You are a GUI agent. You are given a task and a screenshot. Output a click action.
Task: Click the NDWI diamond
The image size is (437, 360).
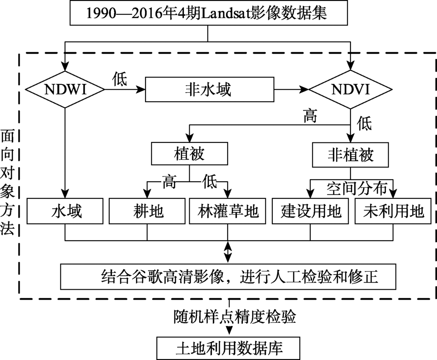(x=65, y=90)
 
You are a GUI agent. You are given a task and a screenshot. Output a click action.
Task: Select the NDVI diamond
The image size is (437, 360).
(x=350, y=90)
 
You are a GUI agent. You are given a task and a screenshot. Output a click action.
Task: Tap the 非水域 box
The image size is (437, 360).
(x=210, y=90)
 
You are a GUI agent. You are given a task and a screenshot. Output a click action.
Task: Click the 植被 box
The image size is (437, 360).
(x=190, y=153)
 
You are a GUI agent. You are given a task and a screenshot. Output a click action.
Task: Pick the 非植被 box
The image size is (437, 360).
(x=350, y=155)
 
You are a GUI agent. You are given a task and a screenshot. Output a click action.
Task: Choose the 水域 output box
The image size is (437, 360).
(x=65, y=211)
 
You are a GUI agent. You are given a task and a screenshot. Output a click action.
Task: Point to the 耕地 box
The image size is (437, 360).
(x=147, y=211)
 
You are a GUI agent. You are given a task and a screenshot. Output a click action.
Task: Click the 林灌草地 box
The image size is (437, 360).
(x=227, y=211)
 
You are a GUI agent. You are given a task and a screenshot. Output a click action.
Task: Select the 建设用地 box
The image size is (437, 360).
(x=310, y=211)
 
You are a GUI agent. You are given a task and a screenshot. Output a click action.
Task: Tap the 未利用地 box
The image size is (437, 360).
(x=393, y=211)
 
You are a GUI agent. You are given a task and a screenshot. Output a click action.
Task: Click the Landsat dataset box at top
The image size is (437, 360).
(x=208, y=13)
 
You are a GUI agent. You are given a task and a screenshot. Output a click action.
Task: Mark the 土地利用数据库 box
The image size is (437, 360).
(x=228, y=348)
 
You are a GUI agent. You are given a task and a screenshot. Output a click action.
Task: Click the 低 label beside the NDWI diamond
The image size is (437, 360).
(x=120, y=79)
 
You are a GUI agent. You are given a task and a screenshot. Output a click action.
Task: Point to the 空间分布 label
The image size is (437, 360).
(x=357, y=189)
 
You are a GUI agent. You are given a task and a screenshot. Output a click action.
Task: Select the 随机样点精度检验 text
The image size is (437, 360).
(x=235, y=316)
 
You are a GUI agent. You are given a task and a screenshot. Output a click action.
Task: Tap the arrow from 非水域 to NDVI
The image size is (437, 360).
(x=291, y=90)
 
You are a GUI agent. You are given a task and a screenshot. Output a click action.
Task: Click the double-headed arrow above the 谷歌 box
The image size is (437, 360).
(x=228, y=252)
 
